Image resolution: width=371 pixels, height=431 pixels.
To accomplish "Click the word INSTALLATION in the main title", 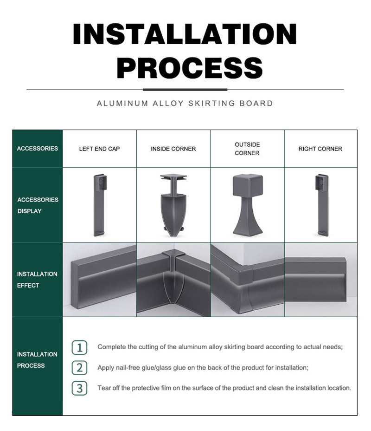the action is coord(185,33).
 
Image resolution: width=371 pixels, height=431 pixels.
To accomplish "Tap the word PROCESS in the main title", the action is coord(190,68).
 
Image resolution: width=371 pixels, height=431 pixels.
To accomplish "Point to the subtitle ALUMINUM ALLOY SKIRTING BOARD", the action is coord(185,104).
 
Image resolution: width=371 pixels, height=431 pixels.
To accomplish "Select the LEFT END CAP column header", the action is coord(99,149).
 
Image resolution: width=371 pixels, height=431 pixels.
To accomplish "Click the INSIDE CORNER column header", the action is coord(173,149).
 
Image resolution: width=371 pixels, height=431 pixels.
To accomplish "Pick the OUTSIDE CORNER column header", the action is coord(247,149).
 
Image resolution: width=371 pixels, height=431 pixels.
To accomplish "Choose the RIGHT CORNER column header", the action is coord(320,149).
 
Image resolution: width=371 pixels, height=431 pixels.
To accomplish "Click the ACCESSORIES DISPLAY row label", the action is coord(38,205).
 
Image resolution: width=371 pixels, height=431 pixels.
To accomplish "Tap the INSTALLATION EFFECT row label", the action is coord(37,280).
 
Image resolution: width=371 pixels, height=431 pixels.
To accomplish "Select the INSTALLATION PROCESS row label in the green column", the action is coord(37,360).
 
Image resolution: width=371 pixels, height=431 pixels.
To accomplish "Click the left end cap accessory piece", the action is coord(99,205).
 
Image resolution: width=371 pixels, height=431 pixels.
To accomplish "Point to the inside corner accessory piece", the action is coord(173,205).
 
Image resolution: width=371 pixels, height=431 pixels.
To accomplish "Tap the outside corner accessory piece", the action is coord(248,204).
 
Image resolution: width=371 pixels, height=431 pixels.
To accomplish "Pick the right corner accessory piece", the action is coord(322,205).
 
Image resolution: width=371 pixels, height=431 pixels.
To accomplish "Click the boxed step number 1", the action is coord(80,347).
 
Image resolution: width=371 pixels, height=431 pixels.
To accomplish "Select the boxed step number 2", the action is coord(80,368).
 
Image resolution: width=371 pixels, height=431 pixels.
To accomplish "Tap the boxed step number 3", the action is coord(80,388).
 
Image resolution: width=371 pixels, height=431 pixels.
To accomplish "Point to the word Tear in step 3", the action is coord(104,388).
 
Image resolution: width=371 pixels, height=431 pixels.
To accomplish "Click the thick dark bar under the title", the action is coord(185,90).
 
